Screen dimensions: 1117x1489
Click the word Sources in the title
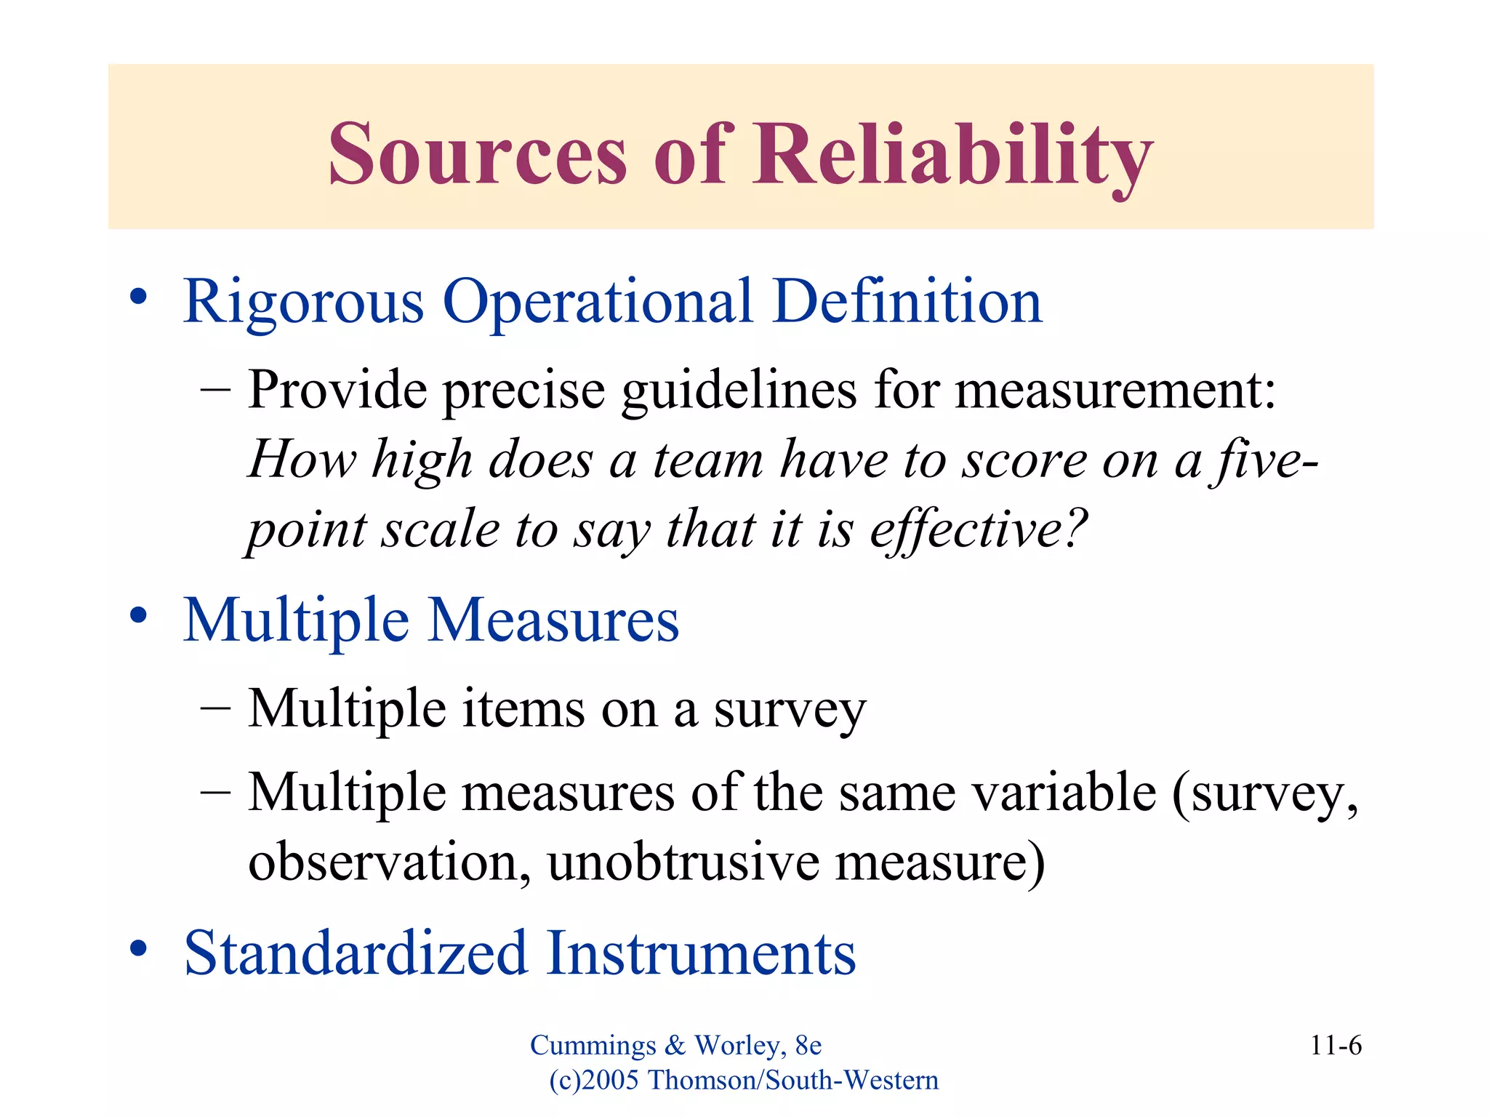coord(477,154)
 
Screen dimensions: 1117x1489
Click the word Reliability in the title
coord(952,154)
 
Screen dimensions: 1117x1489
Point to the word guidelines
coord(739,391)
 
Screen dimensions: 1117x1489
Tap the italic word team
coord(708,460)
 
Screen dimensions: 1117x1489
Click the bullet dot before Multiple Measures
coord(138,616)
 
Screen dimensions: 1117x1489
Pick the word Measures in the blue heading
coord(553,620)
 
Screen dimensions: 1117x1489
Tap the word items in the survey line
coord(523,708)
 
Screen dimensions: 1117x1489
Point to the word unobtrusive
coord(683,862)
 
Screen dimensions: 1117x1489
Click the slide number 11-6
coord(1336,1046)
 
